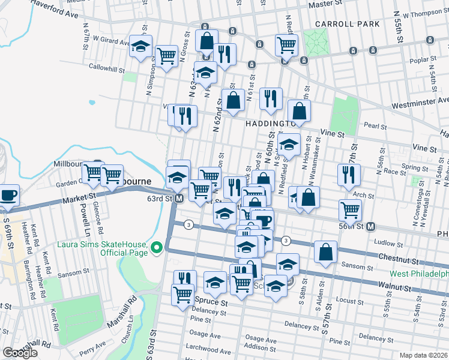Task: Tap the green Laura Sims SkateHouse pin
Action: pyautogui.click(x=157, y=247)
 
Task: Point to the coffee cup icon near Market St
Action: pyautogui.click(x=9, y=195)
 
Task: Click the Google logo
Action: pyautogui.click(x=20, y=353)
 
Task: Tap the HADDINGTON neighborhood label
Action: pyautogui.click(x=270, y=123)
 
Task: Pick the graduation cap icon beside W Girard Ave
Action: pyautogui.click(x=141, y=46)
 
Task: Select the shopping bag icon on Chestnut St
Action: pyautogui.click(x=325, y=253)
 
